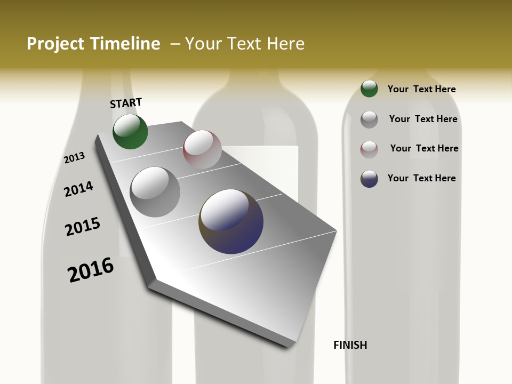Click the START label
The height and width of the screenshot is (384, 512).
126,103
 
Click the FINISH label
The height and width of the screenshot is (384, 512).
350,345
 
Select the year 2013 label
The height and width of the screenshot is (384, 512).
74,157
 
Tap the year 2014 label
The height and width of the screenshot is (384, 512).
78,189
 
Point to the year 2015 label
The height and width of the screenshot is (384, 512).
83,227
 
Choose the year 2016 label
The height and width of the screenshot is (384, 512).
91,269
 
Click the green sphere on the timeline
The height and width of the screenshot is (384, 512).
130,132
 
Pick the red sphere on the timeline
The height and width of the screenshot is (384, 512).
202,149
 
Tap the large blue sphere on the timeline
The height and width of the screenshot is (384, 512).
231,221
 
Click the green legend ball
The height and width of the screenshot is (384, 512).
369,89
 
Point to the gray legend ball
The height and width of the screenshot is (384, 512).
369,119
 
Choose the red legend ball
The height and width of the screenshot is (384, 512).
369,149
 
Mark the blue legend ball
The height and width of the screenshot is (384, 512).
369,179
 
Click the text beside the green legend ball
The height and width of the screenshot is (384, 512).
421,89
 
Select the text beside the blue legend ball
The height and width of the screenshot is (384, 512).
421,178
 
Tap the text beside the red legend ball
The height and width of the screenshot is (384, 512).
424,148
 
